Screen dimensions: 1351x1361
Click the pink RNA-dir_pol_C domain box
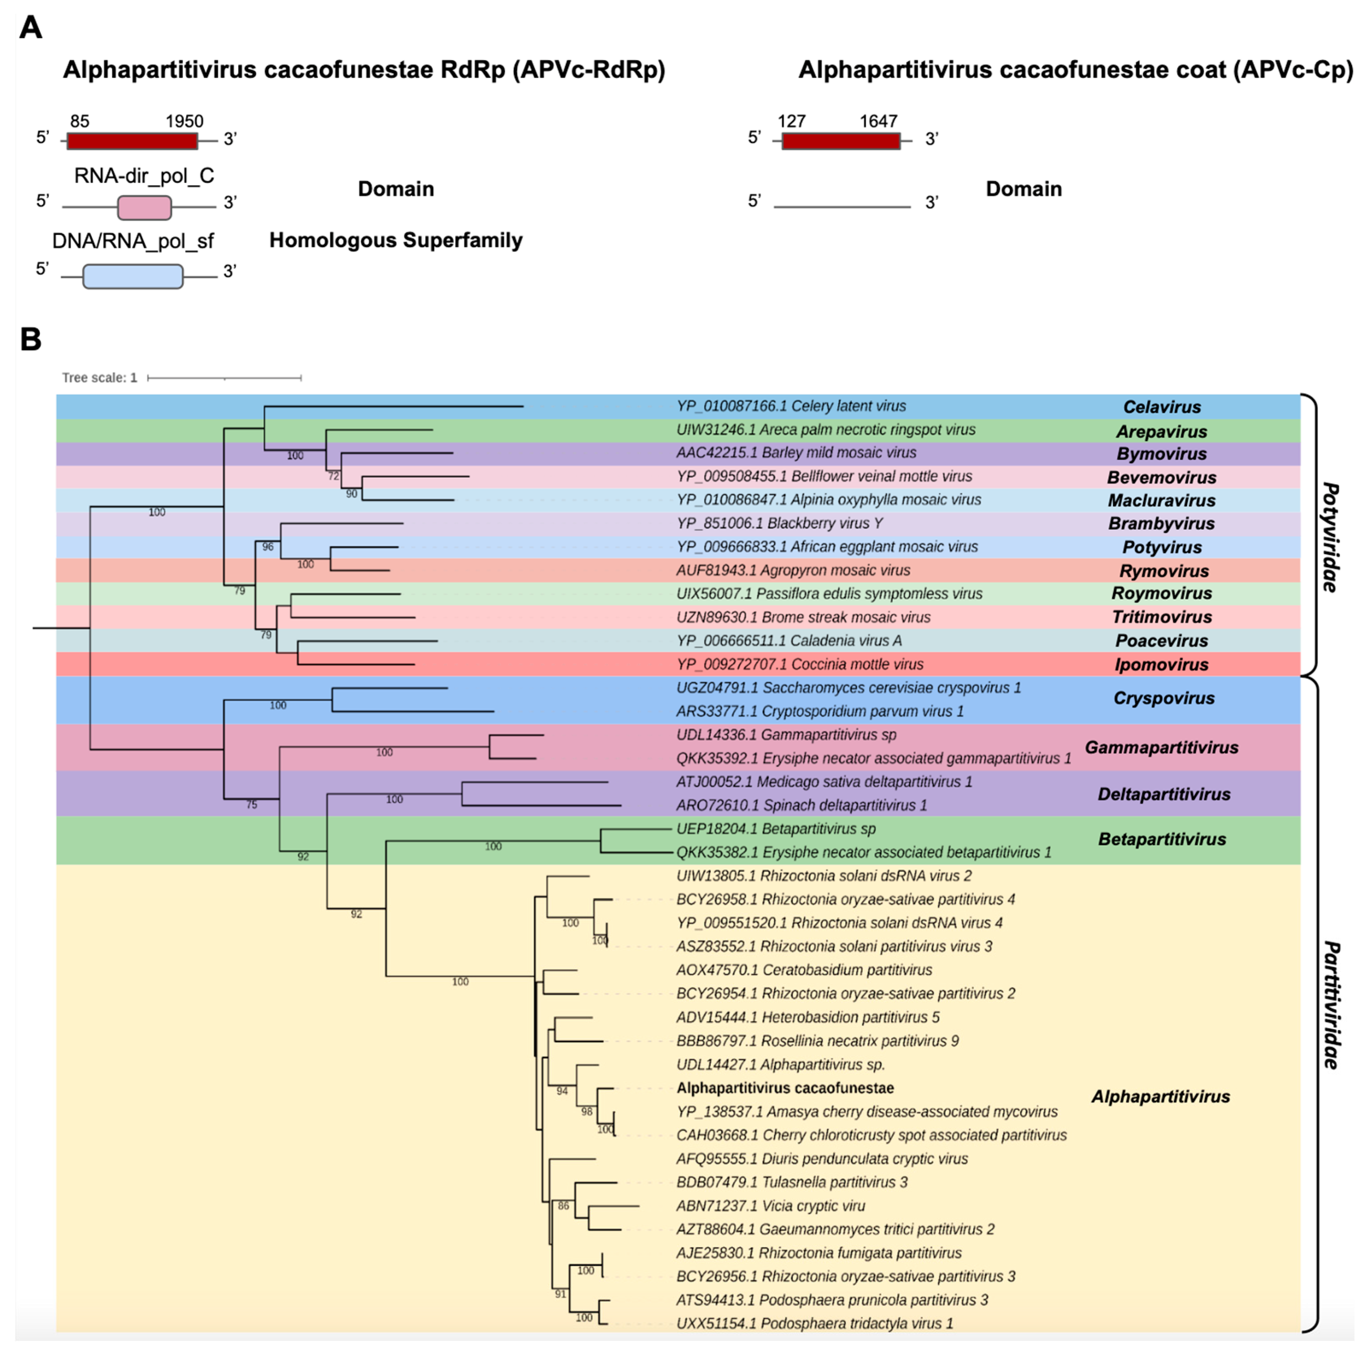pyautogui.click(x=144, y=207)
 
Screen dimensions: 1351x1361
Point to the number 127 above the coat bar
pyautogui.click(x=791, y=121)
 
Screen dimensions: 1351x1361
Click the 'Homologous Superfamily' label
pyautogui.click(x=396, y=240)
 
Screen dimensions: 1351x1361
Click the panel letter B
pyautogui.click(x=30, y=340)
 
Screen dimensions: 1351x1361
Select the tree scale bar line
pyautogui.click(x=224, y=378)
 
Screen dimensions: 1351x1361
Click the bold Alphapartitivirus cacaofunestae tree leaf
pyautogui.click(x=785, y=1088)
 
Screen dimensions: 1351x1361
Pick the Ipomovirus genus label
pyautogui.click(x=1161, y=664)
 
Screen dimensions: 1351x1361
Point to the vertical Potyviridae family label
pyautogui.click(x=1330, y=537)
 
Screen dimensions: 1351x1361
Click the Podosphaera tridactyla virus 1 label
pyautogui.click(x=814, y=1323)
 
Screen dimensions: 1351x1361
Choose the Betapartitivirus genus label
pyautogui.click(x=1161, y=839)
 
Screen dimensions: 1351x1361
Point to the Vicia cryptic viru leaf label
pyautogui.click(x=771, y=1206)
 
